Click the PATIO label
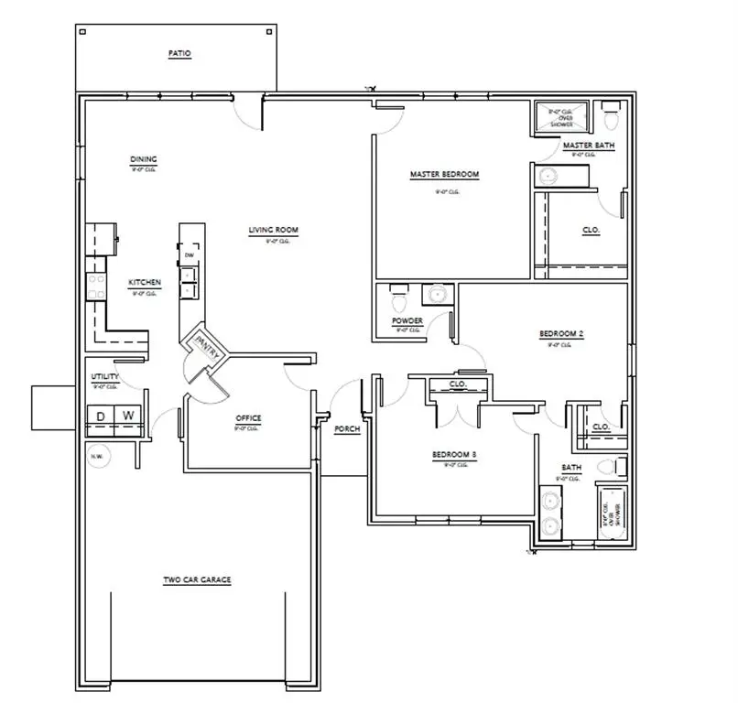pyautogui.click(x=179, y=55)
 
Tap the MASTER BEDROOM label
pyautogui.click(x=444, y=174)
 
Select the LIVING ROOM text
pyautogui.click(x=274, y=230)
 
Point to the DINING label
pyautogui.click(x=144, y=158)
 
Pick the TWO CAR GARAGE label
pyautogui.click(x=196, y=579)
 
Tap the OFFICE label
pyautogui.click(x=248, y=418)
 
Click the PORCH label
pyautogui.click(x=347, y=428)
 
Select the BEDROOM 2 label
pyautogui.click(x=560, y=334)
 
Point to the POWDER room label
pyautogui.click(x=407, y=321)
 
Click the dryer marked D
pyautogui.click(x=101, y=417)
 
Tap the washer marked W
pyautogui.click(x=128, y=417)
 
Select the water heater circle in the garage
pyautogui.click(x=97, y=456)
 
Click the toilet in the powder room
pyautogui.click(x=396, y=298)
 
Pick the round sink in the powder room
pyautogui.click(x=438, y=295)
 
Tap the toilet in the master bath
pyautogui.click(x=611, y=117)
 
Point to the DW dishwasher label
pyautogui.click(x=189, y=255)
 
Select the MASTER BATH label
pyautogui.click(x=589, y=146)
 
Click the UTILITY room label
pyautogui.click(x=104, y=377)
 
